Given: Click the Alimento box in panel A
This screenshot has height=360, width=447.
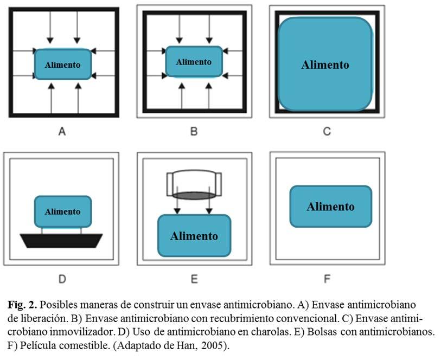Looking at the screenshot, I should click(x=63, y=65).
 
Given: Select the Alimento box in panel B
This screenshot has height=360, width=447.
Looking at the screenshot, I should click(x=194, y=62).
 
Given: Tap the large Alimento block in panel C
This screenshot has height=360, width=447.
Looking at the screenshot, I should click(x=325, y=64).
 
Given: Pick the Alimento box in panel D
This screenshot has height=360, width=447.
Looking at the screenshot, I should click(x=63, y=211).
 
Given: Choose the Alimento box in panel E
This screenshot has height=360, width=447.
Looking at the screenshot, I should click(x=194, y=236).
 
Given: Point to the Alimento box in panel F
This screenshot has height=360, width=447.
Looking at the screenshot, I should click(x=331, y=207).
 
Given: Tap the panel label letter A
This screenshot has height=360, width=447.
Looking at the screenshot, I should click(x=62, y=132).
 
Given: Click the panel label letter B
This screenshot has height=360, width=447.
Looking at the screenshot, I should click(x=194, y=132).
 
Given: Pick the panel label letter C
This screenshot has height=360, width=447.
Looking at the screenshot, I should click(x=327, y=132).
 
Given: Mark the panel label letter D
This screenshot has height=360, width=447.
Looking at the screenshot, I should click(x=62, y=279).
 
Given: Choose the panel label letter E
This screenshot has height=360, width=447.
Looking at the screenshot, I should click(x=194, y=279).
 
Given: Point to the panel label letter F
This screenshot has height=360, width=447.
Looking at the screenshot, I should click(x=327, y=279).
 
